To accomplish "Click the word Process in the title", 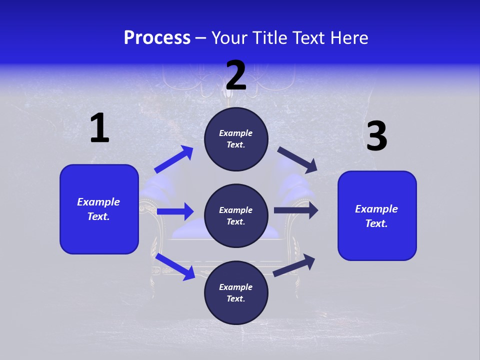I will (x=157, y=38).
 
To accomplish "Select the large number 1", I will (x=99, y=128).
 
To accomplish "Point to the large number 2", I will (x=236, y=75).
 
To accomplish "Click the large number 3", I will (x=376, y=136).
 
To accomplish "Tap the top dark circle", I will (x=236, y=139).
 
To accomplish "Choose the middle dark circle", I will (x=236, y=215).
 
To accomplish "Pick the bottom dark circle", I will (x=236, y=292).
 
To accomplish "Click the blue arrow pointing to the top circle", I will (x=173, y=159).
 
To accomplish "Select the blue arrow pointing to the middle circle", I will (x=175, y=211).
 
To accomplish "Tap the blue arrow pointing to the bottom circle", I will (x=175, y=266).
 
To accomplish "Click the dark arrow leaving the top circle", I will (x=297, y=159).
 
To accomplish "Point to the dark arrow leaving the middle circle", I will (x=295, y=210).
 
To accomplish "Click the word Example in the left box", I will (x=98, y=202).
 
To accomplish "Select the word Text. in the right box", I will (x=376, y=223).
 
